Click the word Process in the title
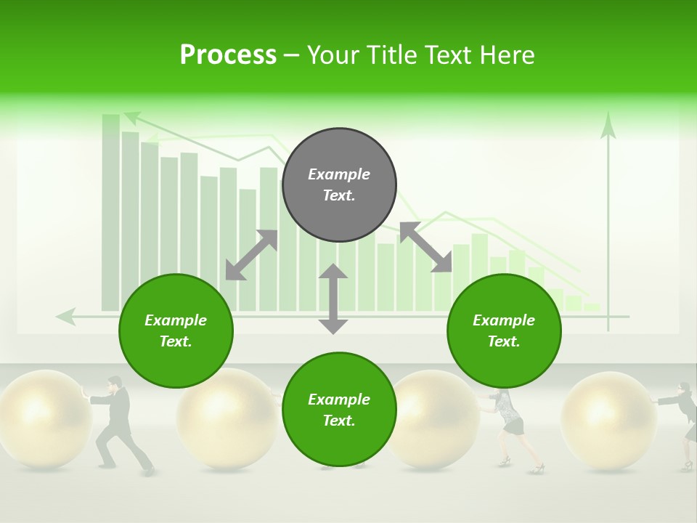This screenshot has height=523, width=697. (x=228, y=55)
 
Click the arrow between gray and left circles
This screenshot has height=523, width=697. (x=251, y=255)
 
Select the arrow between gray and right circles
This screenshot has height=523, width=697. (x=425, y=248)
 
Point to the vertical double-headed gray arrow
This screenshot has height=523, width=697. (x=333, y=299)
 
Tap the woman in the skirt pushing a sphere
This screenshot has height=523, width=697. (x=510, y=429)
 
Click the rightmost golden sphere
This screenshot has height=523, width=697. (x=608, y=417)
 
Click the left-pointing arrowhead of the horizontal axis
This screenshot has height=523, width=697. (x=65, y=316)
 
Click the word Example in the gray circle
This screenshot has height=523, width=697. (x=339, y=174)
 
